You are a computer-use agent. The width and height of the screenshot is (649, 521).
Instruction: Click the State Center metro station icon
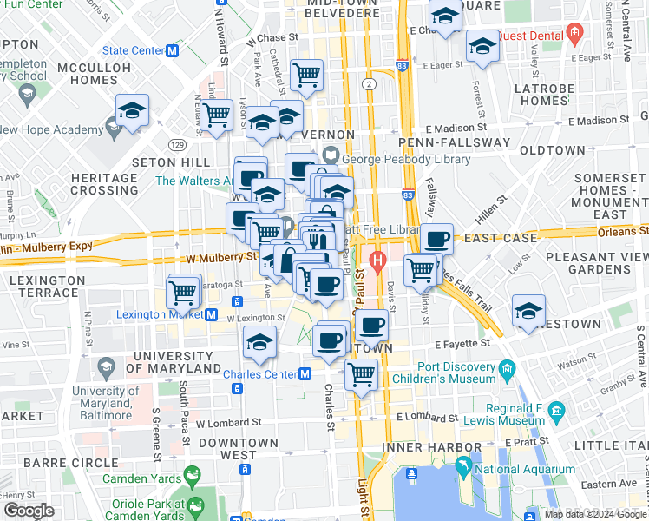click(x=173, y=50)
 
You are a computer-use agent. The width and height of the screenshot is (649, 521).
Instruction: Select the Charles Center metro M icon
click(x=305, y=374)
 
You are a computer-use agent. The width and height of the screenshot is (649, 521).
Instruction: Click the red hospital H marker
click(x=377, y=259)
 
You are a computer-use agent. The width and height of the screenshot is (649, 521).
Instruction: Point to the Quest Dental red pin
click(x=574, y=35)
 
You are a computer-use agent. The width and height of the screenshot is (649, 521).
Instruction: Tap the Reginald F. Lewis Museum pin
click(x=560, y=408)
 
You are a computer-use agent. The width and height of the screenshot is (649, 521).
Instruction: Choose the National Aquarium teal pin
click(x=464, y=470)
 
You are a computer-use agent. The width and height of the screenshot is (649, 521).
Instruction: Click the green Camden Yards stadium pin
click(x=192, y=475)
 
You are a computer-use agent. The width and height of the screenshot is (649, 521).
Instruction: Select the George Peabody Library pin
click(x=330, y=155)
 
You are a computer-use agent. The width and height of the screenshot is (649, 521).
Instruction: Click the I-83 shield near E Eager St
click(x=401, y=65)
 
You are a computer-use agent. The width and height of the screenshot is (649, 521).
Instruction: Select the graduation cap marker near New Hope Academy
click(x=132, y=109)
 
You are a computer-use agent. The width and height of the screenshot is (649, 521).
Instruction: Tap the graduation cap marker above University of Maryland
click(x=259, y=342)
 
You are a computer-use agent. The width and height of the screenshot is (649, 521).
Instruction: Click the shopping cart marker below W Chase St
click(x=306, y=74)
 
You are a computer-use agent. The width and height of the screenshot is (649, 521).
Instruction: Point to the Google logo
click(x=29, y=511)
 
